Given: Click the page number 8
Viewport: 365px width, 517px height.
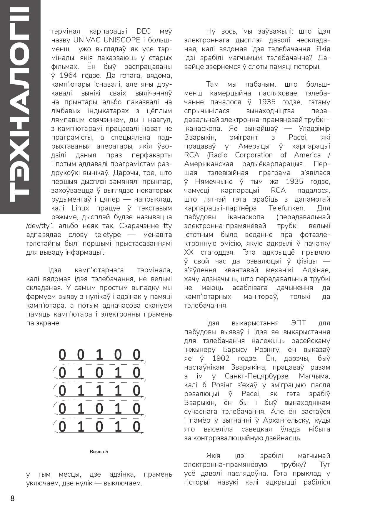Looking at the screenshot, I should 12,498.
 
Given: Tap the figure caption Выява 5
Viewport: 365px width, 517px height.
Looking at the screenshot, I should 99,452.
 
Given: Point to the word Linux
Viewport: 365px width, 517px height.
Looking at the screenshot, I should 80,208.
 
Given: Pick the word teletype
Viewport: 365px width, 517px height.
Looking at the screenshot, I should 108,235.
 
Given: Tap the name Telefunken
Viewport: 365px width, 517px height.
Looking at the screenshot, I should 286,208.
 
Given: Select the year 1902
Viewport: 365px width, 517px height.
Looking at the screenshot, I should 221,358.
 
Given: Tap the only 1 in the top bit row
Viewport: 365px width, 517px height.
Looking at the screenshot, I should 99,355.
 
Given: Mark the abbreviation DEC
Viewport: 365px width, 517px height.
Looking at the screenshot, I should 144,31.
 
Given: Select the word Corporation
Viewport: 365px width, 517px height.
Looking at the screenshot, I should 254,155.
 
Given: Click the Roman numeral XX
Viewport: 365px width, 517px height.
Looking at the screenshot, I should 189,252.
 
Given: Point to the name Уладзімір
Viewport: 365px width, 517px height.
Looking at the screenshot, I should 314,129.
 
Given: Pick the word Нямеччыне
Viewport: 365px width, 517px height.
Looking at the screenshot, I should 214,182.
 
